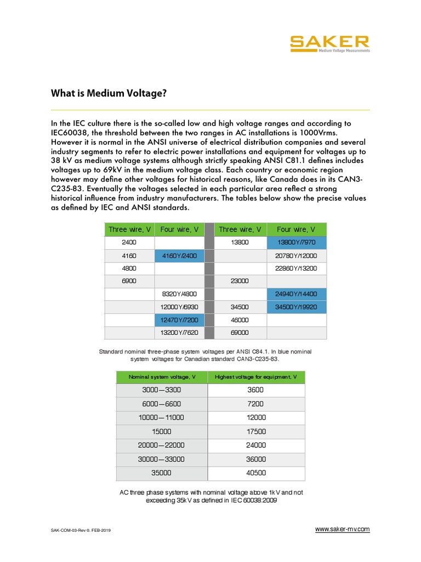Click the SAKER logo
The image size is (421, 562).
point(329,43)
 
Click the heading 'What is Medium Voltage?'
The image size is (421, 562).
point(109,93)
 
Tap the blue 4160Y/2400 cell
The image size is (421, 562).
point(179,255)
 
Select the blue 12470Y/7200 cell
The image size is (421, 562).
point(179,319)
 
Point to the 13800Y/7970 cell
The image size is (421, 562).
point(297,242)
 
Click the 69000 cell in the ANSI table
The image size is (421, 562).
point(240,333)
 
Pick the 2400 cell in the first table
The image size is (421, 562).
point(129,242)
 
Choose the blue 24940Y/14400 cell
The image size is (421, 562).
point(297,294)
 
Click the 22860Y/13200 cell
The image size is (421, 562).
point(297,268)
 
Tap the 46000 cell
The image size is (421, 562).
point(240,319)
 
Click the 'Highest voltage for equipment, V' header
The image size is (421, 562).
point(255,377)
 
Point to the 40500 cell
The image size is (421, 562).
point(255,473)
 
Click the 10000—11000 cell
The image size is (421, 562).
point(161,418)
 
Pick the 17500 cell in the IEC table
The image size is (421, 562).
point(255,431)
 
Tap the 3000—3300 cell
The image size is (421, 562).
point(161,390)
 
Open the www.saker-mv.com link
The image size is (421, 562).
point(342,529)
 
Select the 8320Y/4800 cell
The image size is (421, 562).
point(179,294)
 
